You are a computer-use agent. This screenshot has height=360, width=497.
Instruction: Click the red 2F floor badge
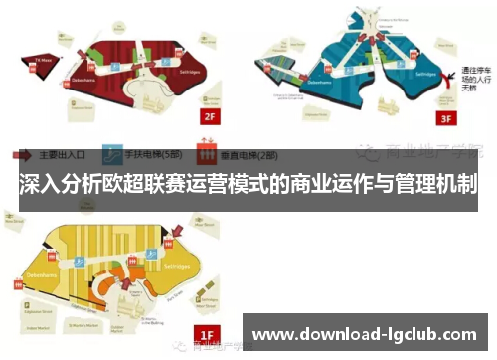tap(209, 117)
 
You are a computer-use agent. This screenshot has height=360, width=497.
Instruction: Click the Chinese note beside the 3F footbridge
tap(471, 80)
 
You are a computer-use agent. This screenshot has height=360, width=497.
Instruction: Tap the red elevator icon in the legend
tap(208, 155)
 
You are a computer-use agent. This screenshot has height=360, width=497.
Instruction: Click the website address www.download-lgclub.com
tap(368, 334)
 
